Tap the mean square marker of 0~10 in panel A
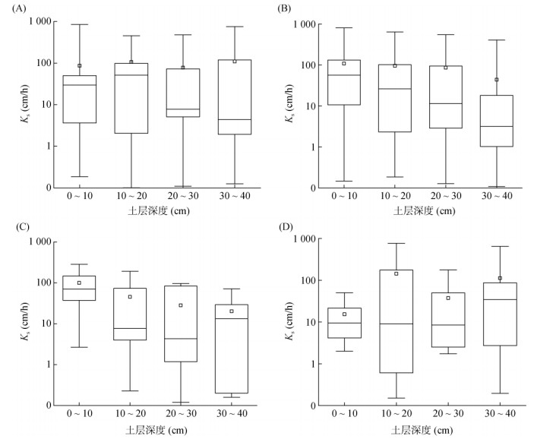(x=79, y=66)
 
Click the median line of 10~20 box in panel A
(x=131, y=75)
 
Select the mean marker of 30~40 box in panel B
(x=498, y=79)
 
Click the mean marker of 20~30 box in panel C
(x=181, y=305)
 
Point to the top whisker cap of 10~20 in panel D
(x=396, y=244)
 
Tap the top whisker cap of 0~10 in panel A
(x=79, y=24)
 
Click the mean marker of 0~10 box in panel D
(x=344, y=314)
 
